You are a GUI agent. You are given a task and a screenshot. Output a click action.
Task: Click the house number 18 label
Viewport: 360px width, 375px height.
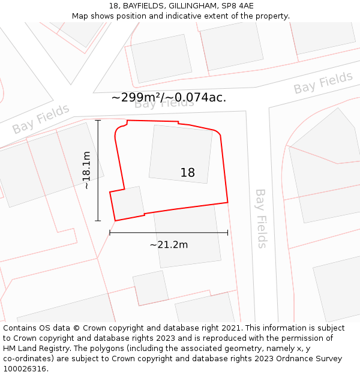pyautogui.click(x=187, y=173)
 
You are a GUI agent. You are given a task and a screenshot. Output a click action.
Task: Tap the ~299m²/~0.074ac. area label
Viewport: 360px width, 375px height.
pyautogui.click(x=169, y=97)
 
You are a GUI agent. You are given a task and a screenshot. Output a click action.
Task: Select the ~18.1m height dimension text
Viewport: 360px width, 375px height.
pyautogui.click(x=86, y=170)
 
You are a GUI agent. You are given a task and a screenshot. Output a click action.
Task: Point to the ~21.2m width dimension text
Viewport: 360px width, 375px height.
pyautogui.click(x=169, y=244)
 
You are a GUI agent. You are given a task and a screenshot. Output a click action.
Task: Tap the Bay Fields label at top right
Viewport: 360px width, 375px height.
pyautogui.click(x=323, y=83)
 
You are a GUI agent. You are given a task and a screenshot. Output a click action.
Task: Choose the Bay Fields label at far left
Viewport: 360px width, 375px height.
pyautogui.click(x=41, y=119)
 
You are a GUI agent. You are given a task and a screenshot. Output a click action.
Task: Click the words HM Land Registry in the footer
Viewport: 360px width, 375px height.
pyautogui.click(x=35, y=349)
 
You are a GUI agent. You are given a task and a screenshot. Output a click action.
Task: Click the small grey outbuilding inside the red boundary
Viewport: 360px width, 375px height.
pyautogui.click(x=128, y=203)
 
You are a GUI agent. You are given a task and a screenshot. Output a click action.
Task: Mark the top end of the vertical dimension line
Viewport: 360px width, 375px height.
pyautogui.click(x=98, y=121)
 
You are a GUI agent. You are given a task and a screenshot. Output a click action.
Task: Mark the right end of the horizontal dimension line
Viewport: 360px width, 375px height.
pyautogui.click(x=227, y=232)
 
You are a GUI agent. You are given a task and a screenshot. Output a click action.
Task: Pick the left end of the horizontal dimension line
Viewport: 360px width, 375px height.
pyautogui.click(x=110, y=232)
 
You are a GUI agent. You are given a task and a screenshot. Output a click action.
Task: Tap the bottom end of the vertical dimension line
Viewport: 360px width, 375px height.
pyautogui.click(x=98, y=221)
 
